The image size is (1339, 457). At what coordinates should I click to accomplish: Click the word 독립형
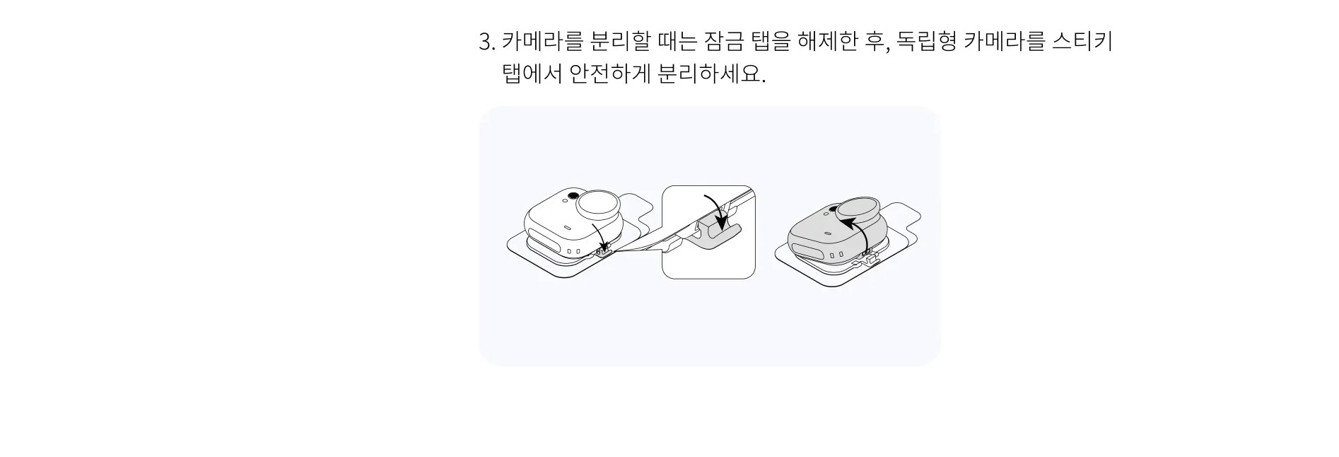927,42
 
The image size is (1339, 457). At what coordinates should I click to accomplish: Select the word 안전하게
610,74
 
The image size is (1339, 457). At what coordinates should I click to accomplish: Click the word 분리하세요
711,74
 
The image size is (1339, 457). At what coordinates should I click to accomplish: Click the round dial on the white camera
599,205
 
